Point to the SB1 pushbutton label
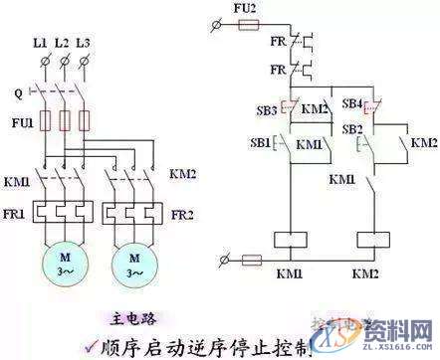(262, 144)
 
